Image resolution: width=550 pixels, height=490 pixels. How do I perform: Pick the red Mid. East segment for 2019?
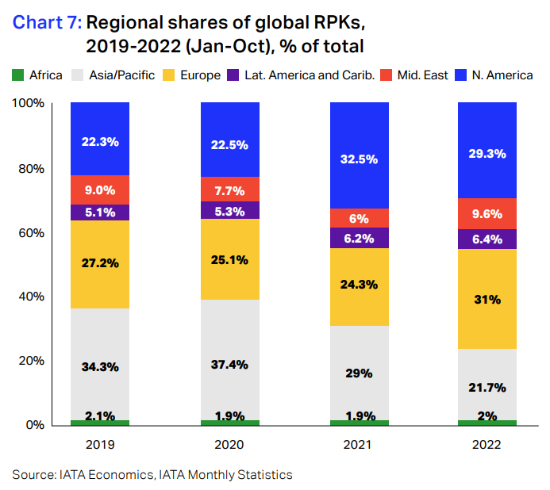point(99,189)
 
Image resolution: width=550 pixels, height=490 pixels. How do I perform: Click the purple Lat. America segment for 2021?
point(358,238)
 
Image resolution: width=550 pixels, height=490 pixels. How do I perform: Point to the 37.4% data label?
point(229,365)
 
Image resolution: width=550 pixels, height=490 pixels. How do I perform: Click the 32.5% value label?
point(358,158)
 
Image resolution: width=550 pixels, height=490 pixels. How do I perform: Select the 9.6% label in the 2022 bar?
point(487,213)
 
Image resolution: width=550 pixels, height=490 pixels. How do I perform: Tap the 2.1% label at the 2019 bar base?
point(99,416)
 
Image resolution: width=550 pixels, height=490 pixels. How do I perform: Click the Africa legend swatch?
point(17,75)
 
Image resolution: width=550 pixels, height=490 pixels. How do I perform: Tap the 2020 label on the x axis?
point(229,446)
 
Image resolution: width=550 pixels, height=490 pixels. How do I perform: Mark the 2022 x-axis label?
point(487,446)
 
